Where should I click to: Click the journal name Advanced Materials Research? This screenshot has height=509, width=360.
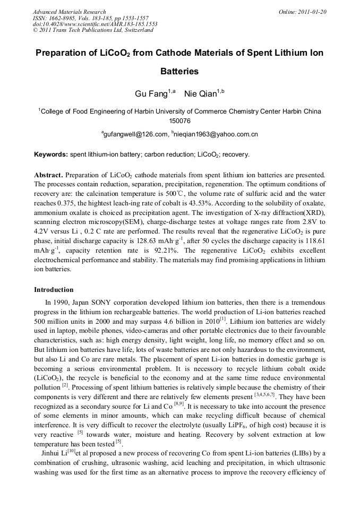69,12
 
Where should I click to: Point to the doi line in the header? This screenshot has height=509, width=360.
95,24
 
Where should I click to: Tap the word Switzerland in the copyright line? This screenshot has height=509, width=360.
139,30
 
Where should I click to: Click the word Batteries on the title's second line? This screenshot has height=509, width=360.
179,71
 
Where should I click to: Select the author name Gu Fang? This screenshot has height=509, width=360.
151,94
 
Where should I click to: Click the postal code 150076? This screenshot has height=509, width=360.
179,121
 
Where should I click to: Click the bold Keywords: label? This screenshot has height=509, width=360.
51,154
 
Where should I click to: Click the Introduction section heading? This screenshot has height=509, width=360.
54,290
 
